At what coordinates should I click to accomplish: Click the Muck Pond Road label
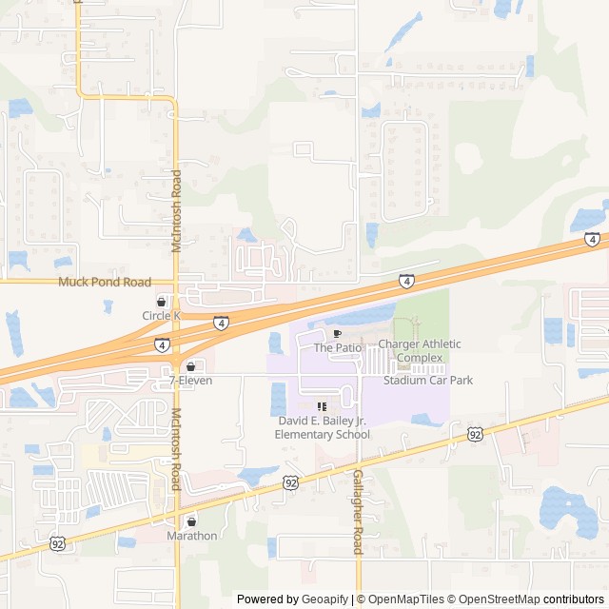click(105, 283)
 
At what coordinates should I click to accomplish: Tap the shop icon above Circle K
click(161, 302)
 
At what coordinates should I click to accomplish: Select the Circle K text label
click(161, 316)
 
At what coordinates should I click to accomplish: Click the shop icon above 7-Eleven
click(190, 366)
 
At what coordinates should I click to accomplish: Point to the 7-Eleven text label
click(190, 381)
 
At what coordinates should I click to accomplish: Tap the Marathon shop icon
click(191, 521)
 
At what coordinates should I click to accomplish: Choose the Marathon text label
click(191, 536)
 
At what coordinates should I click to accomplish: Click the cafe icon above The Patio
click(337, 334)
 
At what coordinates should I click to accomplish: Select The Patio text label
click(337, 348)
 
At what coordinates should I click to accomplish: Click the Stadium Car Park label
click(428, 381)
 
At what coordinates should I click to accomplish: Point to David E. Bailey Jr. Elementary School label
click(322, 427)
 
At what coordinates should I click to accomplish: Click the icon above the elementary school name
click(322, 406)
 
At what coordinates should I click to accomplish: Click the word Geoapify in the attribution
click(324, 599)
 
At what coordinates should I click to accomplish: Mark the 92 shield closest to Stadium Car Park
click(475, 434)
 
